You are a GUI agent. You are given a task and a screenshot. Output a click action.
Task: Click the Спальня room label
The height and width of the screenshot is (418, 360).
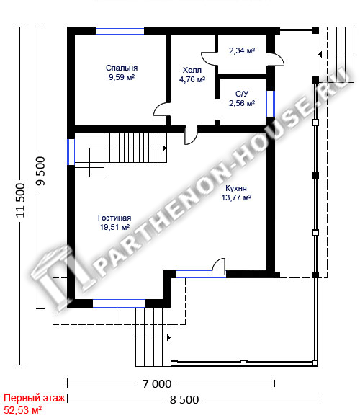click(122, 68)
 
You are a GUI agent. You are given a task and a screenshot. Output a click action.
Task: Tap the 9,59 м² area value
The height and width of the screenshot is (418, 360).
click(122, 77)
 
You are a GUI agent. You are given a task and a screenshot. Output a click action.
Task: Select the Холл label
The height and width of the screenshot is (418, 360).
click(192, 70)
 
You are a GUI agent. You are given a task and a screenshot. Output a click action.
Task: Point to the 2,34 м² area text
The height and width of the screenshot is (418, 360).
click(242, 50)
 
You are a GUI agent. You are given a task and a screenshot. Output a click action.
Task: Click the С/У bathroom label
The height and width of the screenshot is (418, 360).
click(242, 94)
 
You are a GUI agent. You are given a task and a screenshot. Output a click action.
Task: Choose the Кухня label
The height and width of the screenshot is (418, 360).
click(236, 188)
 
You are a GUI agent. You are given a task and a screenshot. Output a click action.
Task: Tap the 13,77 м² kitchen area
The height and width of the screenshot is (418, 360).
click(236, 197)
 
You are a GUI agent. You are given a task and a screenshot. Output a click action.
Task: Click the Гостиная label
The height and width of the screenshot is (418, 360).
click(114, 218)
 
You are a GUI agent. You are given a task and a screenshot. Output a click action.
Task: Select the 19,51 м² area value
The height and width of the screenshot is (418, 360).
click(114, 227)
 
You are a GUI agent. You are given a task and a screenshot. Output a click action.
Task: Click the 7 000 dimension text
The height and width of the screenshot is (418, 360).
click(157, 384)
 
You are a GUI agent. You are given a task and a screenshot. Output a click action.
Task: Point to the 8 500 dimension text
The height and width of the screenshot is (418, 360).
click(184, 399)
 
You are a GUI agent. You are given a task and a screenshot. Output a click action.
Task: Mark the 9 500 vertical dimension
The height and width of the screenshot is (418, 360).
click(41, 171)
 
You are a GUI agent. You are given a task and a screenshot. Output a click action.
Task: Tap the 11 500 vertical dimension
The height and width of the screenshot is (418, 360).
click(20, 200)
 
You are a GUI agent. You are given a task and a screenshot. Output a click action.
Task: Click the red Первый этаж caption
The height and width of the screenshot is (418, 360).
click(34, 398)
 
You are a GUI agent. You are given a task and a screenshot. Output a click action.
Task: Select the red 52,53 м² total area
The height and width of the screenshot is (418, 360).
click(22, 410)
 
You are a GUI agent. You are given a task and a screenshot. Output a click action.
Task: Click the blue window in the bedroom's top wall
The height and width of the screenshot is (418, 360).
click(120, 31)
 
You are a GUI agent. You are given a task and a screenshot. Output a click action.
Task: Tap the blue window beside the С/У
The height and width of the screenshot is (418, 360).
click(271, 104)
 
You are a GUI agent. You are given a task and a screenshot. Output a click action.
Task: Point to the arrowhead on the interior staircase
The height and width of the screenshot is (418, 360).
click(165, 148)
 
